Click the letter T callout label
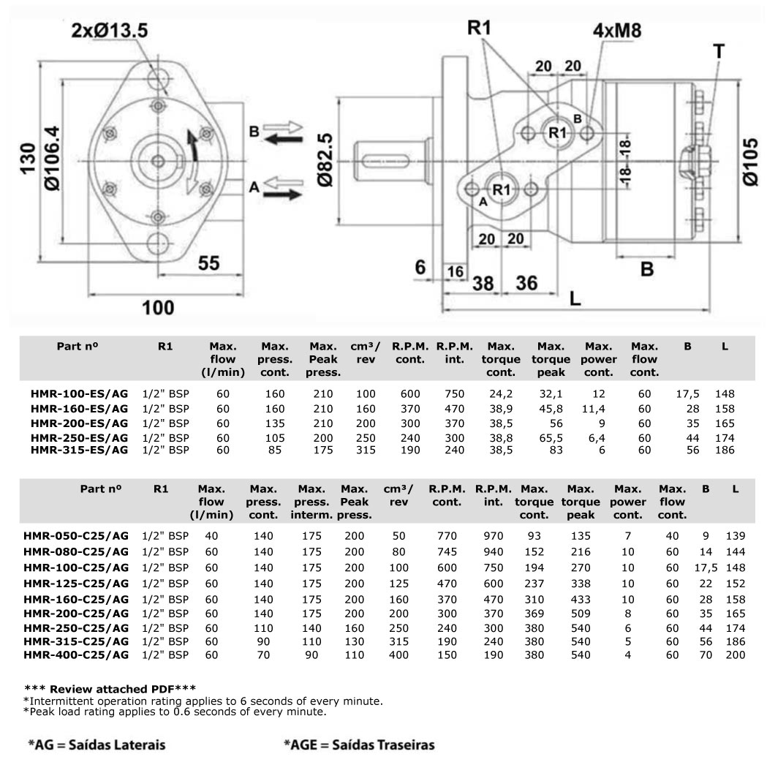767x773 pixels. [719, 50]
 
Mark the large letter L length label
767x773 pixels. [575, 298]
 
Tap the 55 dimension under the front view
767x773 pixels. [209, 263]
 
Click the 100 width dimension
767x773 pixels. [157, 307]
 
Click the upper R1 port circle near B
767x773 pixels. [558, 132]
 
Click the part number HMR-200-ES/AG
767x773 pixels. [79, 423]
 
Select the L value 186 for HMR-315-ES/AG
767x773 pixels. [725, 450]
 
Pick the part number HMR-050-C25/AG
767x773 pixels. [76, 536]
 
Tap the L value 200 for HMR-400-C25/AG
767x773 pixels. [735, 655]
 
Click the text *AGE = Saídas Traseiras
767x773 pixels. [359, 745]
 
